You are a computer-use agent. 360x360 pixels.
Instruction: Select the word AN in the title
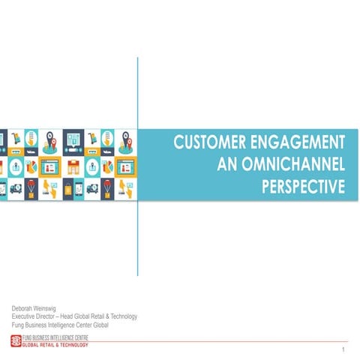coord(226,163)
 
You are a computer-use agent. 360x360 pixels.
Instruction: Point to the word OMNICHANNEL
coord(293,163)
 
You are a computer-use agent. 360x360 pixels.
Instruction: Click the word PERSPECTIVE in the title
coord(303,184)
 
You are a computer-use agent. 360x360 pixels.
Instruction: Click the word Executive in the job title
coord(27,316)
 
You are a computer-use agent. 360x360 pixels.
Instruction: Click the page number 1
coord(342,350)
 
